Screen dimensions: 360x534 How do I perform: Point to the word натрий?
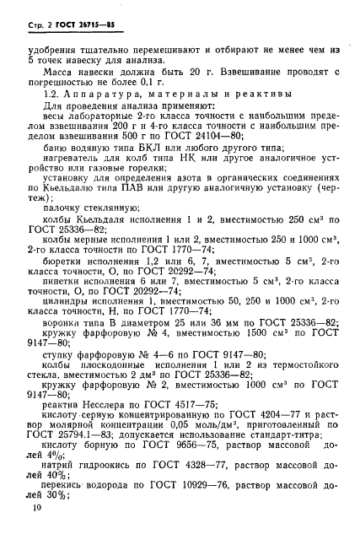61,475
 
